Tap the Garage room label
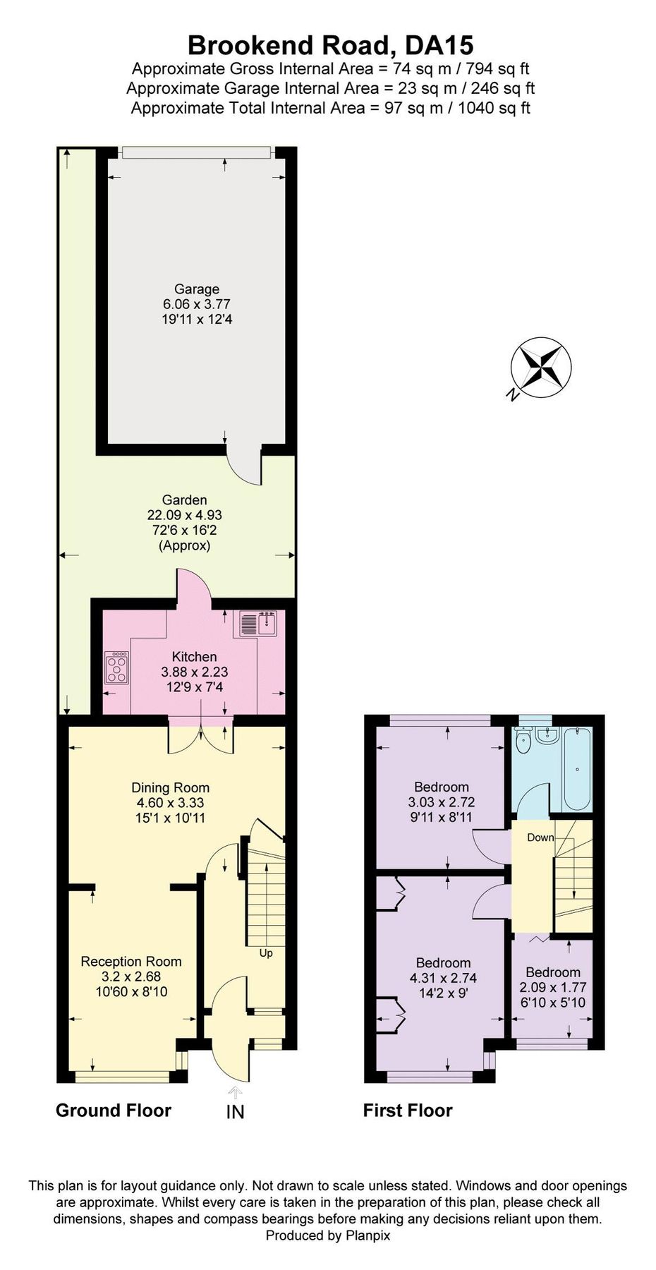[x=197, y=289]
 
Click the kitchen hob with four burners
[x=117, y=667]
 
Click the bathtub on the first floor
[x=577, y=771]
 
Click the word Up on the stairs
[x=266, y=953]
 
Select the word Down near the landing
[x=540, y=837]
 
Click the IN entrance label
[x=235, y=1112]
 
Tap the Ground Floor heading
[x=114, y=1111]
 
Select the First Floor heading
[x=407, y=1111]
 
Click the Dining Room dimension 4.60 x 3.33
[x=171, y=803]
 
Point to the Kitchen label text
[x=194, y=657]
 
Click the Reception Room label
[x=131, y=961]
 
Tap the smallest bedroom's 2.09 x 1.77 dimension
[x=552, y=988]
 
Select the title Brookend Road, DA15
[x=330, y=45]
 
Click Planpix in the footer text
[x=368, y=1235]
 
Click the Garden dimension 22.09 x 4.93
[x=184, y=516]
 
